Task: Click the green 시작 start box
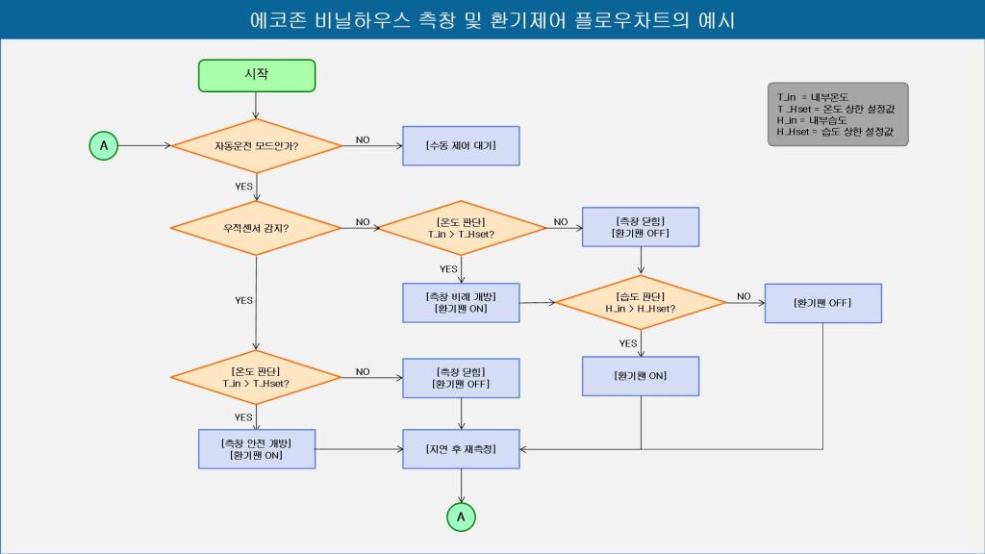[257, 75]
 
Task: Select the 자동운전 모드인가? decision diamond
[257, 146]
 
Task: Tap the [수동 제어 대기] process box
[461, 146]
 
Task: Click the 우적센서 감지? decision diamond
[257, 228]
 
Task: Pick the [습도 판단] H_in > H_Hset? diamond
[641, 302]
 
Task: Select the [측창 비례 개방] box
[461, 302]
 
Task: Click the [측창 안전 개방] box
[257, 448]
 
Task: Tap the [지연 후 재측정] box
[461, 448]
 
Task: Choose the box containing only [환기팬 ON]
[641, 376]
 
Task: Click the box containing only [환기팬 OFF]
[822, 303]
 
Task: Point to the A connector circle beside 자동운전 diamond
[104, 146]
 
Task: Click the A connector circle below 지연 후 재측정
[461, 516]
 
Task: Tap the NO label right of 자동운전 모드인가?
[363, 140]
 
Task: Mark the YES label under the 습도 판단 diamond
[628, 343]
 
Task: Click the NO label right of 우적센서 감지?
[363, 222]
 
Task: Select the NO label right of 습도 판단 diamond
[744, 296]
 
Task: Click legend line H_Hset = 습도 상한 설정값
[836, 132]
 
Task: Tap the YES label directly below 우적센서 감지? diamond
[243, 300]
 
